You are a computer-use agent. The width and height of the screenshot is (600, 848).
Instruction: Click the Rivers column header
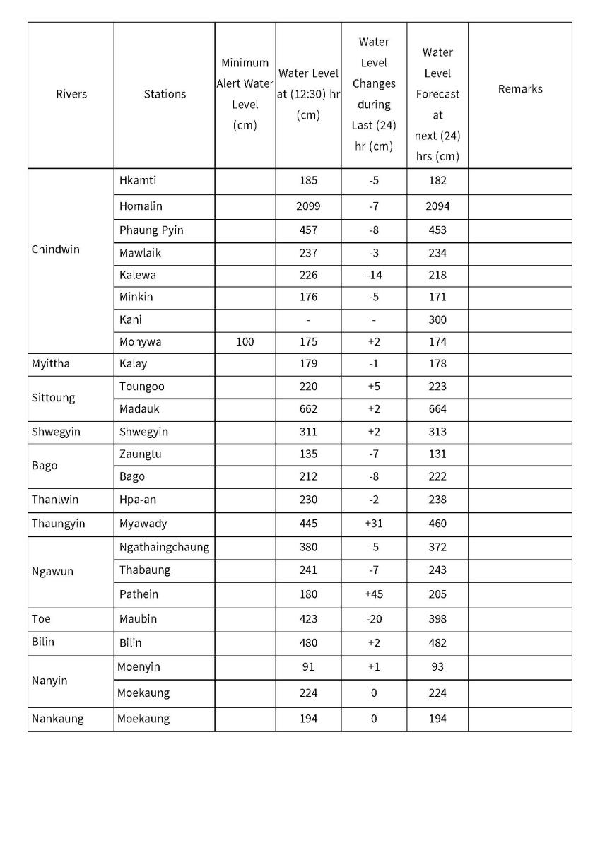pos(71,94)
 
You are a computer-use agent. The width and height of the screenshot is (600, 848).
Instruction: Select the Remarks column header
pos(520,89)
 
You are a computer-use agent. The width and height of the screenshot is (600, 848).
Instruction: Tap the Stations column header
pos(165,94)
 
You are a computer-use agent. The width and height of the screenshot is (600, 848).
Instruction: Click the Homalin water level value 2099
pos(308,206)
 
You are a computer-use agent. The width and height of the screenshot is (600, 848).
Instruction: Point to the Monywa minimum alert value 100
pos(245,341)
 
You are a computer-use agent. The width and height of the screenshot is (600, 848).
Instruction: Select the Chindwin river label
pos(56,249)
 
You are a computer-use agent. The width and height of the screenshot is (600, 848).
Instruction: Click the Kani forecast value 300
pos(437,319)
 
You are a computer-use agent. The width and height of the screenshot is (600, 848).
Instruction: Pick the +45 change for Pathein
pos(374,594)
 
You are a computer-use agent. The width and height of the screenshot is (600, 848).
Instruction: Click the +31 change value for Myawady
pos(374,524)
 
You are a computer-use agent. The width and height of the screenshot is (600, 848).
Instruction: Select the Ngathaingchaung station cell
pos(164,547)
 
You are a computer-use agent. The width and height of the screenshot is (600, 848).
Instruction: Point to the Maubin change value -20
pos(374,619)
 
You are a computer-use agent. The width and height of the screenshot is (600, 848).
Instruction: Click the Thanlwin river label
pos(55,500)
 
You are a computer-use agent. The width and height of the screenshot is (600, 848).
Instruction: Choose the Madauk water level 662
pos(308,408)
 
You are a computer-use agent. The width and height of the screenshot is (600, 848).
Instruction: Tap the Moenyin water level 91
pos(308,666)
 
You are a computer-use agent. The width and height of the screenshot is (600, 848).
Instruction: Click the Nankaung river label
pos(57,719)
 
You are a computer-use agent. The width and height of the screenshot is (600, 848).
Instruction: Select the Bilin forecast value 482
pos(437,643)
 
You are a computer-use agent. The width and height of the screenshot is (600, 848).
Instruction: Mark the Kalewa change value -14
pos(374,275)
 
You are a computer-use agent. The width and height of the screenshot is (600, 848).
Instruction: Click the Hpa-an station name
pos(138,500)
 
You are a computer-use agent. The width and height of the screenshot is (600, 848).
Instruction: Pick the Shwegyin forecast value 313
pos(437,432)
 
